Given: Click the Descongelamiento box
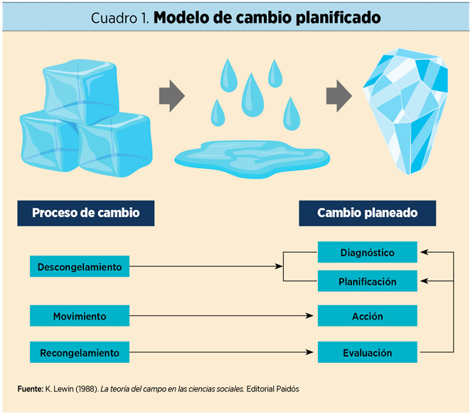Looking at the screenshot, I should tap(80, 268).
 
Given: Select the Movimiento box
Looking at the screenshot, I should tap(80, 316).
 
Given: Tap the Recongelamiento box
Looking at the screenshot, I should tap(80, 352).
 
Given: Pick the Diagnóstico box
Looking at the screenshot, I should tap(367, 253).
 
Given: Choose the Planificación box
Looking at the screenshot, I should tap(367, 282).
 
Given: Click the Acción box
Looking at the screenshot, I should tap(367, 316).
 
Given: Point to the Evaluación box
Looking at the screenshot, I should tap(367, 352).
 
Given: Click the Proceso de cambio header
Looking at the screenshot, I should tap(85, 213).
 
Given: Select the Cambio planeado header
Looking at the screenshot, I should tap(367, 213).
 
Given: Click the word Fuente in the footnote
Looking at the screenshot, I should tap(29, 389).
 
